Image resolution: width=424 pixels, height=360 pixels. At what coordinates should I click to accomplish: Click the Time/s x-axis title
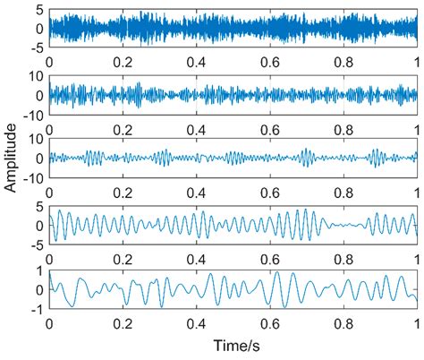coord(233,344)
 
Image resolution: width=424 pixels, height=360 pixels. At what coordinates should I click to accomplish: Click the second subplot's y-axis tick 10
coord(36,76)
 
